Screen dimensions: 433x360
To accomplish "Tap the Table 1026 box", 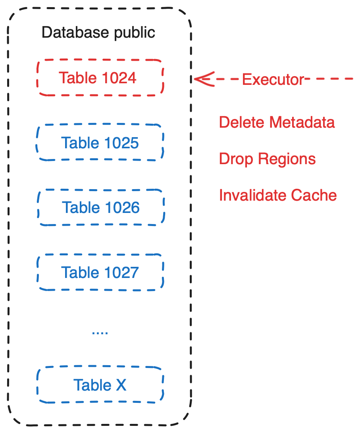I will [x=101, y=207].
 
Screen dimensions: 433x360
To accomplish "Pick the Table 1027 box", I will [x=100, y=272].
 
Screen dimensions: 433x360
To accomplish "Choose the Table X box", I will [x=100, y=385].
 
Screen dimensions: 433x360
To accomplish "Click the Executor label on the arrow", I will [x=273, y=80].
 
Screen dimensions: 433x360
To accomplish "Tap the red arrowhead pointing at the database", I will [x=202, y=79].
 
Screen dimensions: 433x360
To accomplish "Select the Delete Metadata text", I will [x=277, y=123].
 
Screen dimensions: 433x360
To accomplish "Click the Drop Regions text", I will [x=267, y=159].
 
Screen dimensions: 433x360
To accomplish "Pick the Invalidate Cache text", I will [x=277, y=195].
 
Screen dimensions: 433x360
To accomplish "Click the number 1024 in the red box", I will [x=118, y=78].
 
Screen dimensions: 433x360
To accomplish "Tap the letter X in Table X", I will [x=121, y=385].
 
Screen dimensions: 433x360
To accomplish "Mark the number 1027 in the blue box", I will [x=119, y=272].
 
